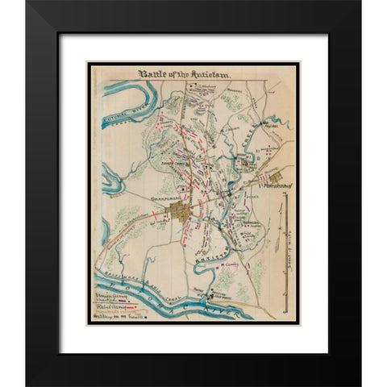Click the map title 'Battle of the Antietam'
pos(185,74)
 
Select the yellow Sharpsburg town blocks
pos(179,212)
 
